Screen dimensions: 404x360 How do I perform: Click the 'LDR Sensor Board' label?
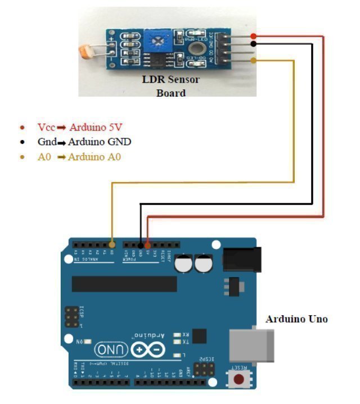(x=170, y=86)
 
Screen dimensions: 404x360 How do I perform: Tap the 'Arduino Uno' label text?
(x=296, y=319)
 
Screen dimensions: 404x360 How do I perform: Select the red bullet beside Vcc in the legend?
(x=22, y=127)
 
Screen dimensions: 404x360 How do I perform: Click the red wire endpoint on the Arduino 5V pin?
(x=147, y=244)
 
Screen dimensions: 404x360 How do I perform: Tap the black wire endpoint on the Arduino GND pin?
(x=140, y=244)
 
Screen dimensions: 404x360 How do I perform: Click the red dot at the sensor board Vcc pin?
(x=254, y=37)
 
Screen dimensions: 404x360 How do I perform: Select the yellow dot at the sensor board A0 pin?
(x=254, y=60)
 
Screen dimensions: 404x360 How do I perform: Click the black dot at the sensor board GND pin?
(x=254, y=44)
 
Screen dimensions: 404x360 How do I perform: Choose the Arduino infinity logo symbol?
(x=149, y=350)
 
